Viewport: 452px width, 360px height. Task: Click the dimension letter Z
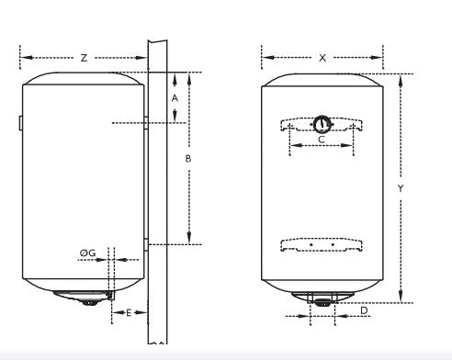point(84,57)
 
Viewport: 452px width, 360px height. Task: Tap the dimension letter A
point(175,96)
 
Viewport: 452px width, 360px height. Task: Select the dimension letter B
point(187,158)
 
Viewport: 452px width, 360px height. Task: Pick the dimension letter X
point(322,57)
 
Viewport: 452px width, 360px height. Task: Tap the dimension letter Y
point(401,187)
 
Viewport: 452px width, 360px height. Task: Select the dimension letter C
point(321,140)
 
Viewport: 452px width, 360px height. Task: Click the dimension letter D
point(365,311)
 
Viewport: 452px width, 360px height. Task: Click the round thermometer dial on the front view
point(322,124)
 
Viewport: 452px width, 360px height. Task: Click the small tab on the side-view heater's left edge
point(20,123)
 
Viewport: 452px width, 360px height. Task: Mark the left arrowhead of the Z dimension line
point(22,57)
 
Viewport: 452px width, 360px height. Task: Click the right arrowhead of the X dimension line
point(382,57)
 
